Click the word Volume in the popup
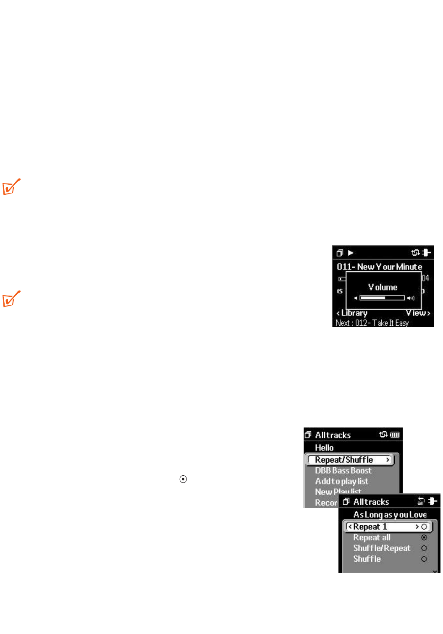point(383,287)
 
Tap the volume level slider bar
point(382,298)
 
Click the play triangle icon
point(351,253)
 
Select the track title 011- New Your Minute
point(379,267)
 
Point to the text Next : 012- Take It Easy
point(372,323)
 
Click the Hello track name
point(324,448)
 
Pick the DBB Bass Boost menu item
point(343,471)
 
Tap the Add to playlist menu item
point(341,481)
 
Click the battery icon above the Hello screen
point(395,435)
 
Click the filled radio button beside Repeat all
point(424,537)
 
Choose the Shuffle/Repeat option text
point(381,548)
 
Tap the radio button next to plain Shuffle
point(424,559)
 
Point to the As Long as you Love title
point(390,514)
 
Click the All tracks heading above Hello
point(333,435)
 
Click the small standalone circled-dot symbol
point(183,479)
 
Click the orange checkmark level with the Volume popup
point(11,299)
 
